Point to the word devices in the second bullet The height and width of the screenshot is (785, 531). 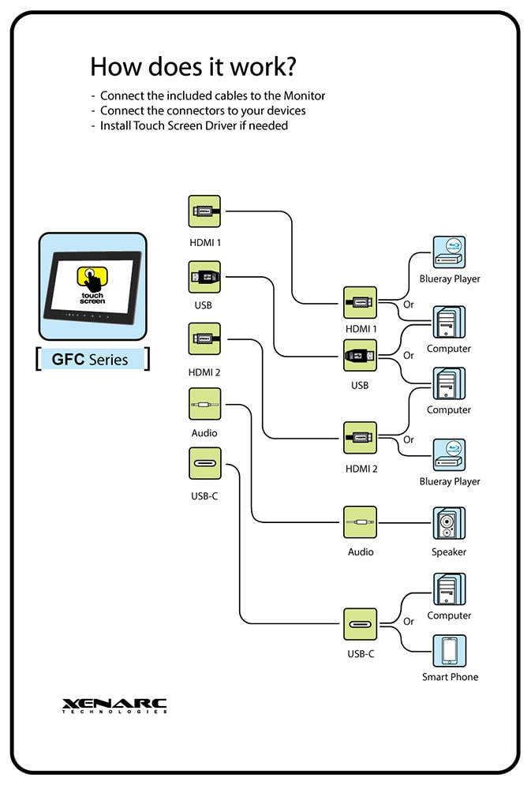[x=285, y=110]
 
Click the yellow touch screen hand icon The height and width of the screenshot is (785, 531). [x=92, y=277]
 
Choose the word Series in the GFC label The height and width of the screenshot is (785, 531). [x=109, y=360]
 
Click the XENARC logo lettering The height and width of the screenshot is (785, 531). [x=115, y=702]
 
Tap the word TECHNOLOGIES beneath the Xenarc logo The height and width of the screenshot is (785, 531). [x=115, y=712]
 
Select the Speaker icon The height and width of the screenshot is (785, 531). [x=449, y=523]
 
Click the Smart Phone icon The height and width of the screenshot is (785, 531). [x=449, y=651]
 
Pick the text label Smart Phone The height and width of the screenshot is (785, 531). [x=450, y=677]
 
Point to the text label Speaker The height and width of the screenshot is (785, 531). [x=449, y=552]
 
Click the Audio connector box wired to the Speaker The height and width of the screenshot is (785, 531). [x=360, y=523]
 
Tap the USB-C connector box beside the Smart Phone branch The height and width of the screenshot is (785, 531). [x=360, y=625]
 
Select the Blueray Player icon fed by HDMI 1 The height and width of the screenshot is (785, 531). [x=449, y=252]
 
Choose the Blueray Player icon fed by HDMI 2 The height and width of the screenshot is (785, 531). [x=449, y=455]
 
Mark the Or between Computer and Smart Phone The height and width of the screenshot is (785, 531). [x=409, y=622]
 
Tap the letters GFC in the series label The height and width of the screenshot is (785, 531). [x=68, y=360]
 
